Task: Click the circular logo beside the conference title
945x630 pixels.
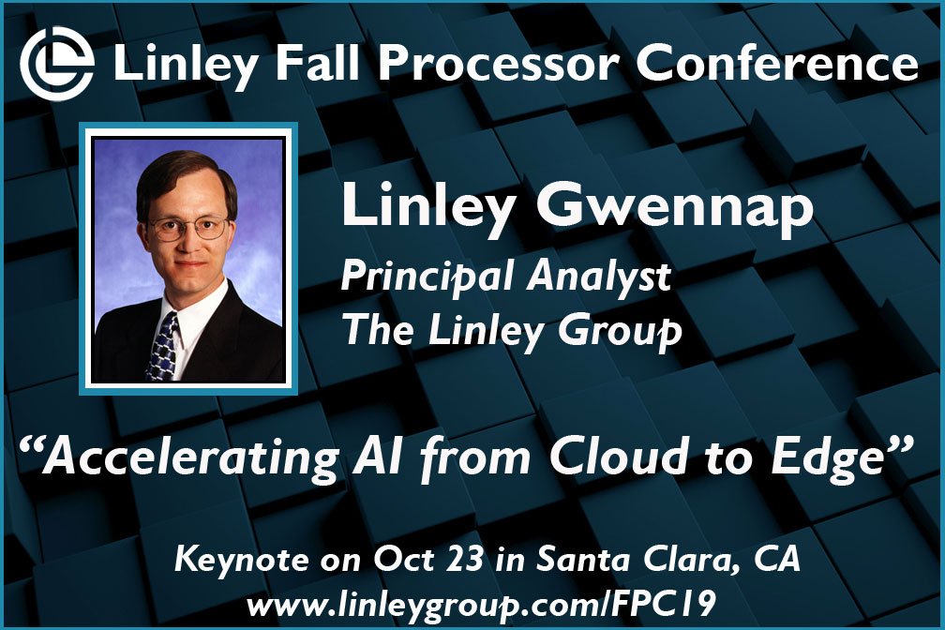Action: [x=57, y=63]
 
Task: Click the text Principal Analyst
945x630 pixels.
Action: [x=506, y=277]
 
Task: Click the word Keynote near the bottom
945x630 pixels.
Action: [x=233, y=561]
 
